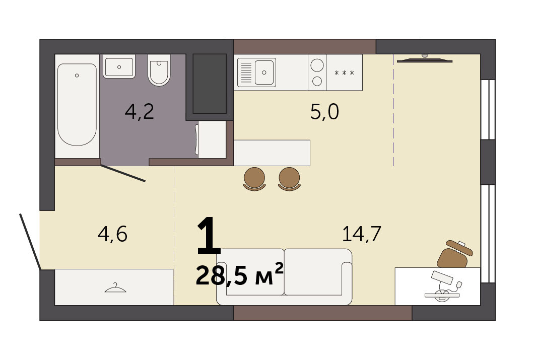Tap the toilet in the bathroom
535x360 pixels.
pyautogui.click(x=159, y=70)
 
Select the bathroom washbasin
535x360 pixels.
pyautogui.click(x=119, y=66)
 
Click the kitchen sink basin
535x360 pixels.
pyautogui.click(x=264, y=73)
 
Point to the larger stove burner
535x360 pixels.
pyautogui.click(x=317, y=65)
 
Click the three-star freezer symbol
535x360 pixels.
pyautogui.click(x=344, y=73)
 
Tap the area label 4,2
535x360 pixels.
pyautogui.click(x=139, y=111)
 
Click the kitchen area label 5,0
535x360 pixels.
pyautogui.click(x=324, y=111)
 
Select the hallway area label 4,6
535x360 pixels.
pyautogui.click(x=112, y=234)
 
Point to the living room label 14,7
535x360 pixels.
pyautogui.click(x=361, y=234)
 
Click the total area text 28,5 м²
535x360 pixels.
pyautogui.click(x=239, y=275)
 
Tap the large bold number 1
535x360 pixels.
pyautogui.click(x=209, y=236)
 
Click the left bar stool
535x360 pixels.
pyautogui.click(x=254, y=179)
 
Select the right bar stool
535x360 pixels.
pyautogui.click(x=289, y=179)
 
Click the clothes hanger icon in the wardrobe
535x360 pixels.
pyautogui.click(x=115, y=289)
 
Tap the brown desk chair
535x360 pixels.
pyautogui.click(x=454, y=254)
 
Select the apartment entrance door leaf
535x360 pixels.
pyautogui.click(x=30, y=242)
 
